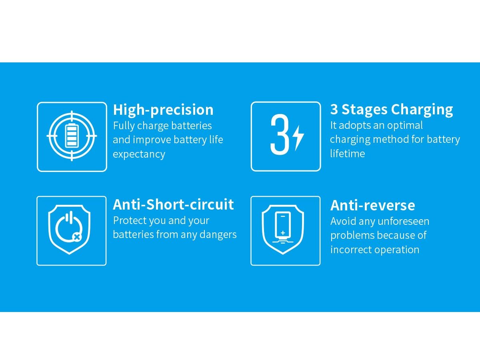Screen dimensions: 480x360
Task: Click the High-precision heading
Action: [163, 110]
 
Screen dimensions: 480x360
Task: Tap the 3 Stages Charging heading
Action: [392, 109]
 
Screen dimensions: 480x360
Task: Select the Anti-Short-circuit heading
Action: [173, 204]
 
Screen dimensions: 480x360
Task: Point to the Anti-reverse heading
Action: [373, 206]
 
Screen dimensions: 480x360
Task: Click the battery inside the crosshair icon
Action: [72, 135]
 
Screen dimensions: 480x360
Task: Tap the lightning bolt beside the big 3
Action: [298, 138]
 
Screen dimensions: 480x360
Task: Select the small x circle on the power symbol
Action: [76, 237]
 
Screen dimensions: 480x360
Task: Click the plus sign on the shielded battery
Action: [283, 232]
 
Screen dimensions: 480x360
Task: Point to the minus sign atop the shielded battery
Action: [283, 216]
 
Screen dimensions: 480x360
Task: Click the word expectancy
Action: [139, 154]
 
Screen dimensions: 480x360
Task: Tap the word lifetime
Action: [348, 154]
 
